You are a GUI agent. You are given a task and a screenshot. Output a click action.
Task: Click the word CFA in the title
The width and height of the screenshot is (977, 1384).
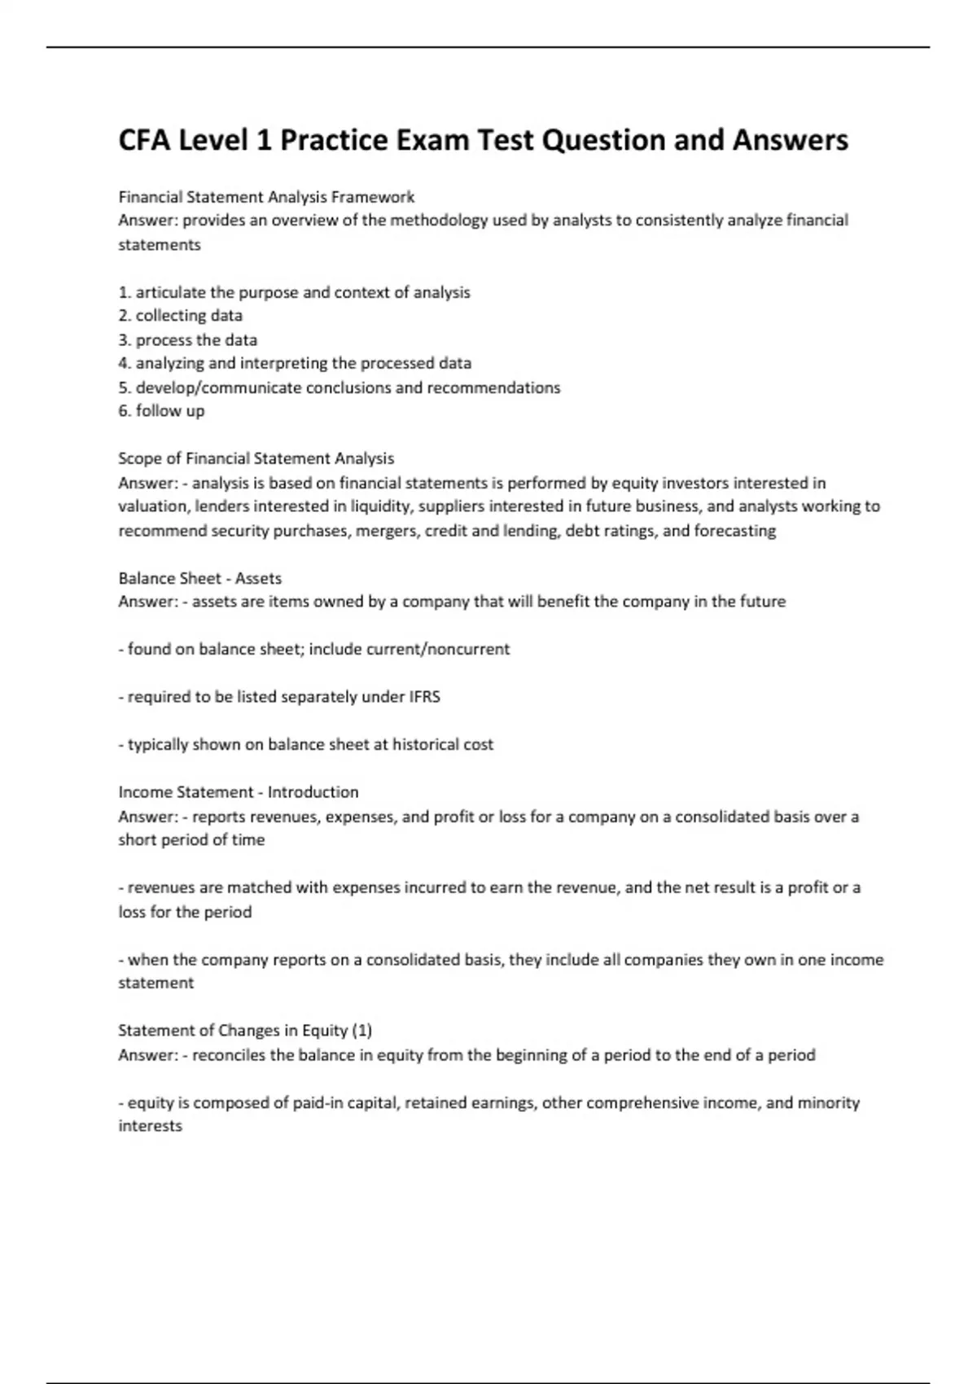145,141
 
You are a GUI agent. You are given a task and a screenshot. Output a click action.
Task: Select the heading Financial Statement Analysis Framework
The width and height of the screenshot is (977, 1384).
266,197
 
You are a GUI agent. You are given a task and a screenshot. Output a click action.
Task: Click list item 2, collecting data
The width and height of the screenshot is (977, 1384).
180,316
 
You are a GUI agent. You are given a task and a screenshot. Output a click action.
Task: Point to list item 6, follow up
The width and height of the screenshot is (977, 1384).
161,411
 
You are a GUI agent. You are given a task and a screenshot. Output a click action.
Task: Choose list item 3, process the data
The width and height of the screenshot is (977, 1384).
187,339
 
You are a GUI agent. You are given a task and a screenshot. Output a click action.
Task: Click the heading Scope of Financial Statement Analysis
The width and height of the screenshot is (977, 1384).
256,458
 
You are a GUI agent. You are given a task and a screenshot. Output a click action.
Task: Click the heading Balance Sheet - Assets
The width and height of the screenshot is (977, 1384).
199,579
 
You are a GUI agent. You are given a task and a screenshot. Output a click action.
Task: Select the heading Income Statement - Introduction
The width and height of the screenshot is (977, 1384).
238,792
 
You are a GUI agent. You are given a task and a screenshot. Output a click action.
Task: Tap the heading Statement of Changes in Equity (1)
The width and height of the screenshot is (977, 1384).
245,1031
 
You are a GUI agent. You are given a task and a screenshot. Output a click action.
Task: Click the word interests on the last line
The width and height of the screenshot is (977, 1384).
150,1127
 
